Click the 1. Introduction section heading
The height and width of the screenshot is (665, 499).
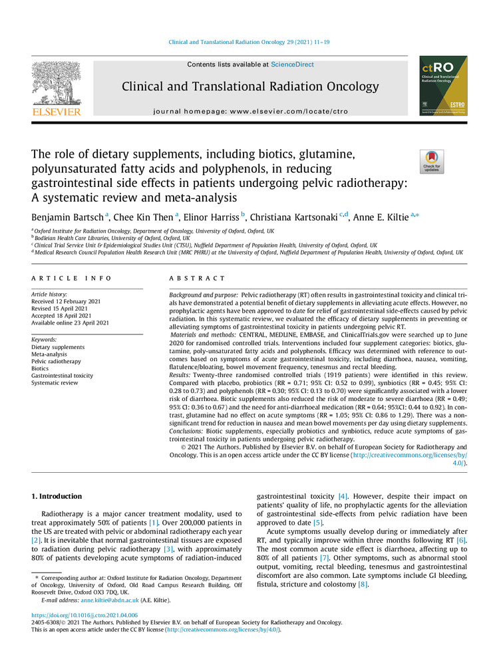(x=57, y=497)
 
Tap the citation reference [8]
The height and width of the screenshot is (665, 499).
(x=362, y=585)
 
